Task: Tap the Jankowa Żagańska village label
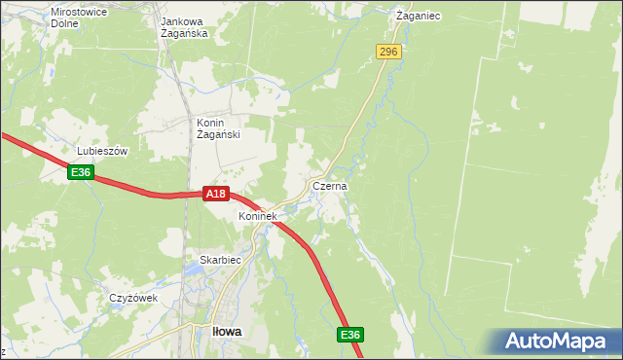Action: click(186, 26)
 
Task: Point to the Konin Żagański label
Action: click(219, 129)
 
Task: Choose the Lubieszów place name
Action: click(103, 152)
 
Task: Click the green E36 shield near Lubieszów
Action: click(81, 172)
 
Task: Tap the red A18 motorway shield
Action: click(216, 195)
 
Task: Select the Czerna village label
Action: click(330, 185)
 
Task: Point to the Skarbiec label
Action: click(219, 261)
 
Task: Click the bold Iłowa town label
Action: click(227, 331)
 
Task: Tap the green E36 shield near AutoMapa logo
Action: click(350, 335)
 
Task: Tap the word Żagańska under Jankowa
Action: click(186, 32)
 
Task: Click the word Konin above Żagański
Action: click(211, 123)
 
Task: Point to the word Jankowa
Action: click(186, 19)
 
